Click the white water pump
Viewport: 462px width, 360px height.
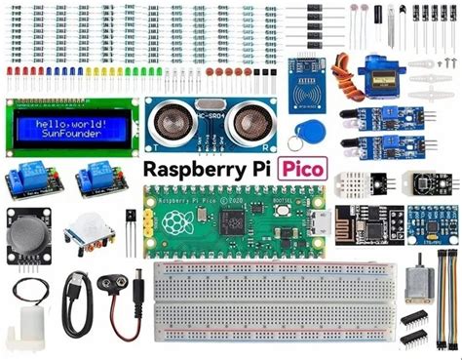(x=21, y=332)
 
